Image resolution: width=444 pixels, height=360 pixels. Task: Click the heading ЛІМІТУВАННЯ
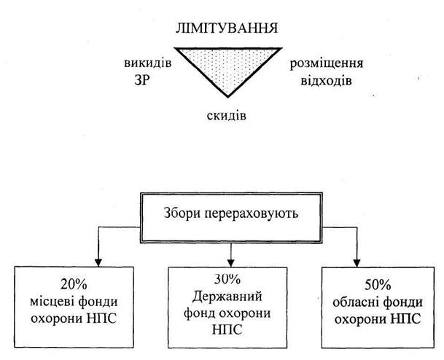pos(227,28)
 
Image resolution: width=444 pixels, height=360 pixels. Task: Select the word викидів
pos(148,63)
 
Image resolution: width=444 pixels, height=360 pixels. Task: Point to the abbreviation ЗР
pos(142,81)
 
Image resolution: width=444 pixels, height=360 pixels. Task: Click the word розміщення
pos(326,64)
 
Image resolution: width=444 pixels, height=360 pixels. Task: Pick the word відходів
pos(326,81)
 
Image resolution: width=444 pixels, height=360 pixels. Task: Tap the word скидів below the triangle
pos(226,115)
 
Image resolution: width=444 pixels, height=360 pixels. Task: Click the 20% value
pos(74,284)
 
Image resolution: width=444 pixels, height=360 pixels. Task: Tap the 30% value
pos(227,279)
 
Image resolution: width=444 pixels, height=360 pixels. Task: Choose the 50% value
pos(378,285)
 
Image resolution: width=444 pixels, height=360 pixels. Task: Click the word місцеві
pos(52,302)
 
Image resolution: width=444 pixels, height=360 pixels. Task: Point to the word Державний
pos(227,297)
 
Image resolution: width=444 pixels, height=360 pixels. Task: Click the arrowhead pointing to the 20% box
pos(98,262)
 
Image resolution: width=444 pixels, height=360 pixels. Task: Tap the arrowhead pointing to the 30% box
pos(231,262)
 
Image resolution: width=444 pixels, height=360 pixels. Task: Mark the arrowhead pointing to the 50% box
pos(357,262)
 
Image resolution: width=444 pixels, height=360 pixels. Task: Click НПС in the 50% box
pos(406,319)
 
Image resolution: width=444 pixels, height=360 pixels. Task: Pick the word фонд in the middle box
pos(200,313)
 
